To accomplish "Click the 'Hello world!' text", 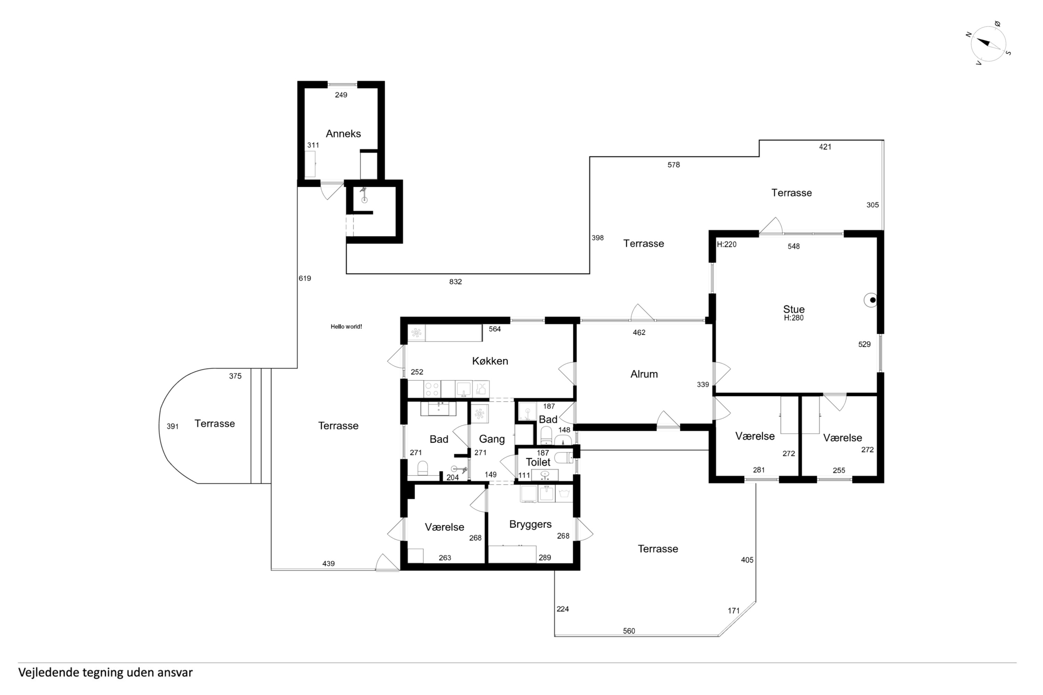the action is (x=346, y=327).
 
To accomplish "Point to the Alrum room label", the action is (x=644, y=374).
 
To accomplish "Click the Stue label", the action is (x=794, y=309).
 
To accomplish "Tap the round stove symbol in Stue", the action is (x=871, y=300).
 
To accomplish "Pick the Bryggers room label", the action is (x=531, y=524).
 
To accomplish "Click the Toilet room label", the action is (x=538, y=462).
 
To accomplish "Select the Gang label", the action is (x=492, y=439).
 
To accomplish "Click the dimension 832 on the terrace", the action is (x=455, y=281).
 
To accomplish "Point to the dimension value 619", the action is (x=305, y=278).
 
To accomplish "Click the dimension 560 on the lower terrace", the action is (x=629, y=631).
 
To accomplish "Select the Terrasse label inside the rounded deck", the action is (x=215, y=423).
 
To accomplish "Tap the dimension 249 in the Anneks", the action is (x=341, y=95).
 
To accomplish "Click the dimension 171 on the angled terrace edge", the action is (x=734, y=611).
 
